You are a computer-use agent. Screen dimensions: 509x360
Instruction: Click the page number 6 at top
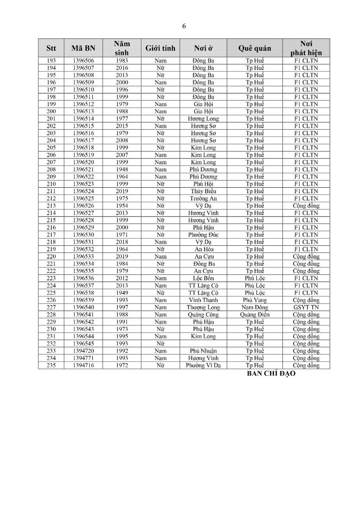tap(184, 26)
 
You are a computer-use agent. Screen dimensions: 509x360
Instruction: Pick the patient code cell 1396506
tap(83, 60)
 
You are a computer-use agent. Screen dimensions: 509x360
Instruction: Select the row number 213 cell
tap(51, 206)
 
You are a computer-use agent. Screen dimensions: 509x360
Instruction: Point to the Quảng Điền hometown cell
tap(255, 315)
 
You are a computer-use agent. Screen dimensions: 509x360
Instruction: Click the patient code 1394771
tap(83, 358)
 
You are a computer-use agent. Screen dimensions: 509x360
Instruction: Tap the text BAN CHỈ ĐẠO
tap(271, 374)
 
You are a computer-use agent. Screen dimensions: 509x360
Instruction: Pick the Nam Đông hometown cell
tap(255, 307)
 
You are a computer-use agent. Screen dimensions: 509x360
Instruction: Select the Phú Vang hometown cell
tap(255, 300)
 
